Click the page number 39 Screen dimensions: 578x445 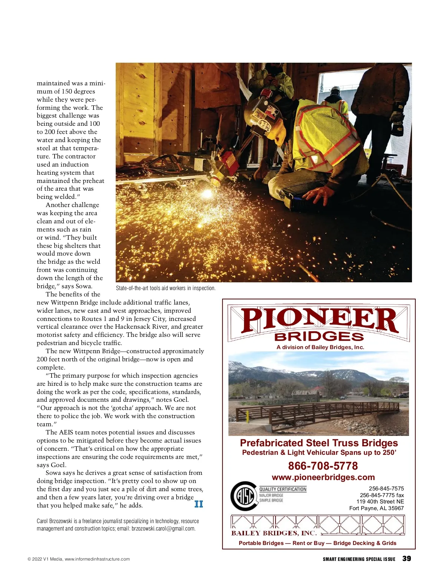pyautogui.click(x=406, y=558)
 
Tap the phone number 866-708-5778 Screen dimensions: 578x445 pyautogui.click(x=323, y=466)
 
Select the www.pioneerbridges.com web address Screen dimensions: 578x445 pyautogui.click(x=323, y=477)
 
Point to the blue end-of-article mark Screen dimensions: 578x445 pyautogui.click(x=199, y=504)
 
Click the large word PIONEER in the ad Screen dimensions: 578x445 pyautogui.click(x=320, y=320)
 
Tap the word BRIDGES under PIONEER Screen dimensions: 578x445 pyautogui.click(x=319, y=336)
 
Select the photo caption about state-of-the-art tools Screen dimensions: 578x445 pyautogui.click(x=165, y=288)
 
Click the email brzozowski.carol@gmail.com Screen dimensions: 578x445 pyautogui.click(x=163, y=529)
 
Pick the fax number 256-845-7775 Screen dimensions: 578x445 pyautogui.click(x=381, y=495)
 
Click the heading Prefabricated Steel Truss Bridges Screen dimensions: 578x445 pyautogui.click(x=319, y=443)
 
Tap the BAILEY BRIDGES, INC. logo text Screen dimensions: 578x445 pyautogui.click(x=274, y=533)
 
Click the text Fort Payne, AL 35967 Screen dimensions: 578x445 pyautogui.click(x=376, y=508)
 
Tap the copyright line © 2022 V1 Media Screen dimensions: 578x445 pyautogui.click(x=79, y=559)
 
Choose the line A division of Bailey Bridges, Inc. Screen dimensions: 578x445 pyautogui.click(x=320, y=347)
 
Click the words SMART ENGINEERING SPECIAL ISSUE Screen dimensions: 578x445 pyautogui.click(x=359, y=559)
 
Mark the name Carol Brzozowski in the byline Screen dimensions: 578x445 pyautogui.click(x=54, y=521)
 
